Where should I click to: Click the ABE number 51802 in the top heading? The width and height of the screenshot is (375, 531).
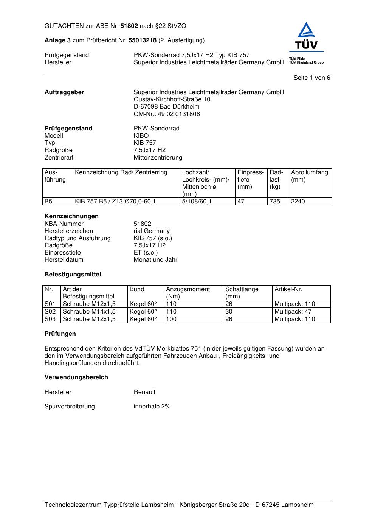point(129,26)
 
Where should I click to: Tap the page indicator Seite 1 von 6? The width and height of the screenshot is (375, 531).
point(311,78)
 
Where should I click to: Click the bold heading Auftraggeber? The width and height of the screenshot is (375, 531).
point(64,92)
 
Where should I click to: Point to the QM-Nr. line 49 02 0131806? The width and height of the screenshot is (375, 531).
point(167,114)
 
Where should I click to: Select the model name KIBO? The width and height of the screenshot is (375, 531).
point(141,136)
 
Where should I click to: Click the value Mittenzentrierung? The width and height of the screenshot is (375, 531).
point(158,158)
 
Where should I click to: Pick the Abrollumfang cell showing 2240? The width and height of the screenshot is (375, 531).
point(298,202)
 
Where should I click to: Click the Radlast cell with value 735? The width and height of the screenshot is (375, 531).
point(275,202)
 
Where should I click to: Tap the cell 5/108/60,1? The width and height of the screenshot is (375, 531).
point(197,202)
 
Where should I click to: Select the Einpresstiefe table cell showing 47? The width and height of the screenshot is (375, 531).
point(241,202)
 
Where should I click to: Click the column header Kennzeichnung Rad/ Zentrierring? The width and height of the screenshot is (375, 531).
point(121,172)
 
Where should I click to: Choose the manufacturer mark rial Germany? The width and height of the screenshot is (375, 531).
point(152,231)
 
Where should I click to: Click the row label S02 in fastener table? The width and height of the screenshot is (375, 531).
point(50,312)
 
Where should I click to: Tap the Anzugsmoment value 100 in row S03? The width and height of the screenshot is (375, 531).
point(171,319)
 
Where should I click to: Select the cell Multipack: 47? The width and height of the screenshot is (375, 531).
point(293,312)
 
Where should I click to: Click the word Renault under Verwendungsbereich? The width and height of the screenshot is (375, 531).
point(144,392)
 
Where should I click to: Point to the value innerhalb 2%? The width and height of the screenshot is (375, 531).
point(152,407)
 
